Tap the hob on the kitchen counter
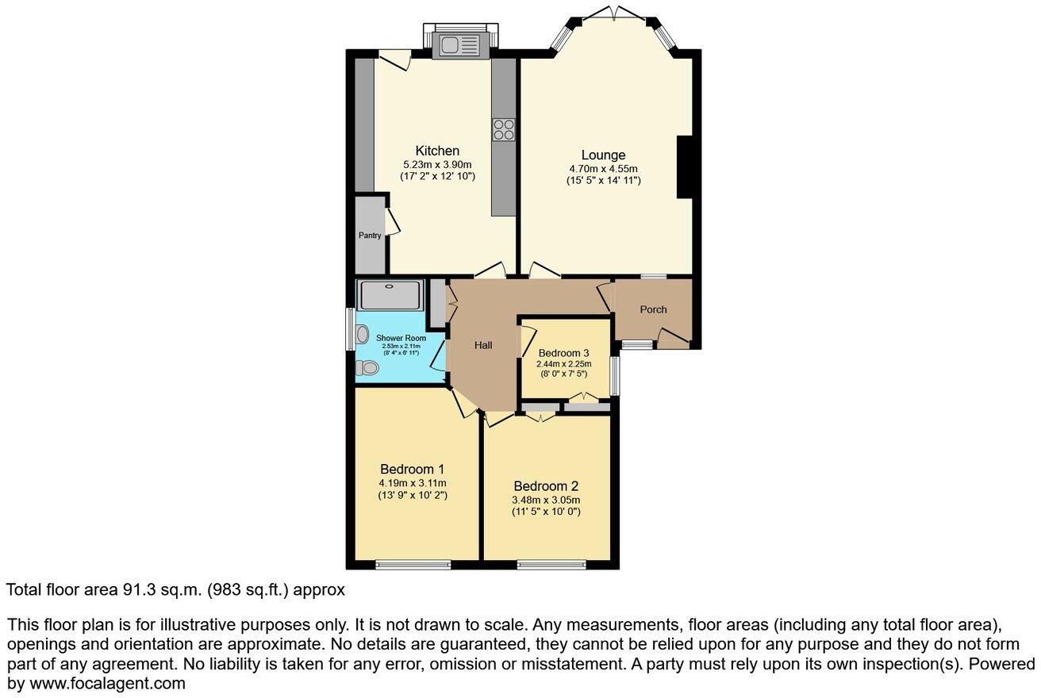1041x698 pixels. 503,129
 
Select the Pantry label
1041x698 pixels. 369,236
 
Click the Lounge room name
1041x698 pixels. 603,155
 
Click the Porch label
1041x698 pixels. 654,309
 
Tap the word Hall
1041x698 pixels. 483,345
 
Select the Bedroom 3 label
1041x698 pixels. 563,353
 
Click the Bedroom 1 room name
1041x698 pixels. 413,468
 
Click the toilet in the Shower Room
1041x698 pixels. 366,368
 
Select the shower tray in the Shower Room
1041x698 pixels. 390,296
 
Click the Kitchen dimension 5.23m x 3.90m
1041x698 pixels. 437,164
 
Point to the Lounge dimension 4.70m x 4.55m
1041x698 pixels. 603,169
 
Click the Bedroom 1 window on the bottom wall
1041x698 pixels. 413,565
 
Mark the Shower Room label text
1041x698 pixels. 401,338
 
